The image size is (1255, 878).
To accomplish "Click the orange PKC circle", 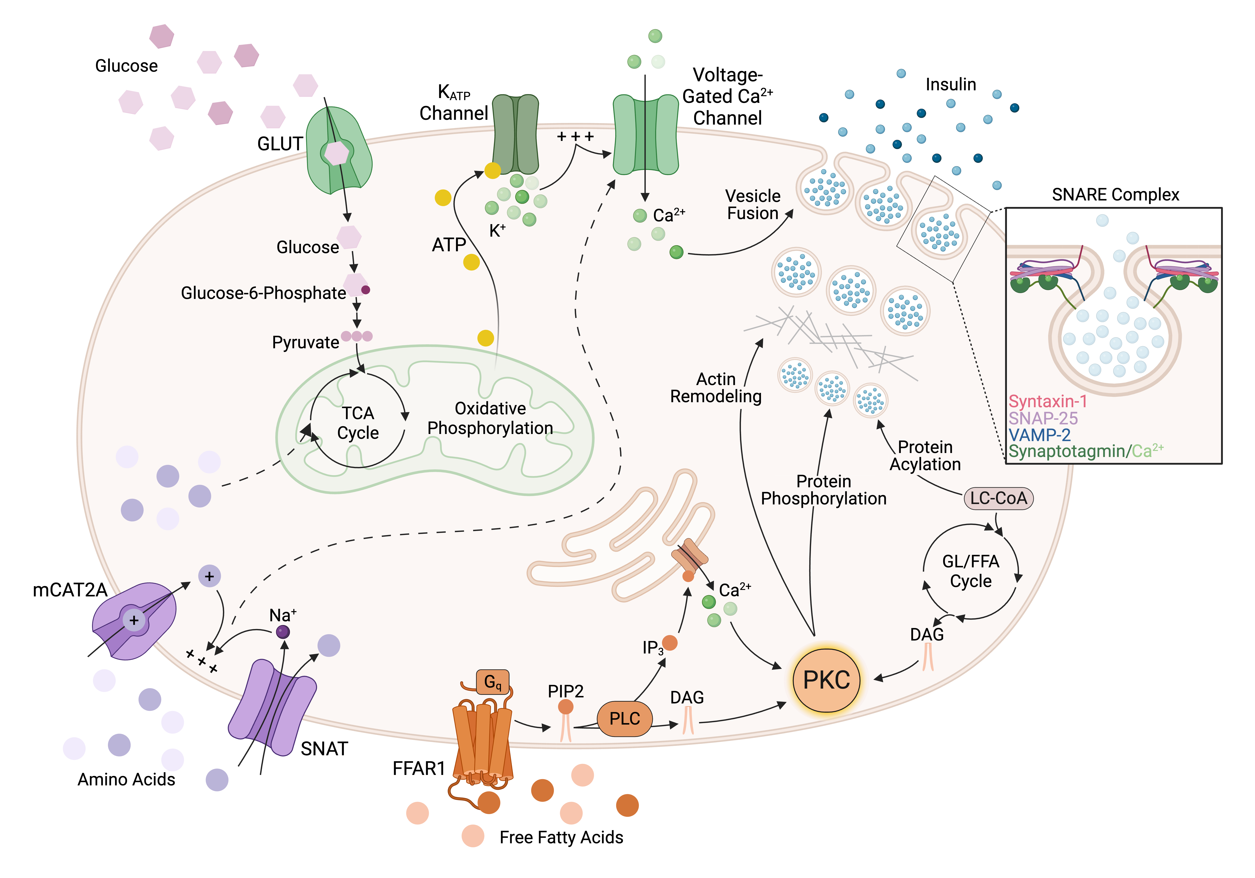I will click(826, 680).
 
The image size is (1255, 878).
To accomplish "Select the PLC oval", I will click(624, 718).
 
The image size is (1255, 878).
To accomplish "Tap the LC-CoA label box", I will click(998, 498).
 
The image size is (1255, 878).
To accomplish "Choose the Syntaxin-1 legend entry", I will click(1047, 402).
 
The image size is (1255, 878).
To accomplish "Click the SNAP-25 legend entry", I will click(1043, 419).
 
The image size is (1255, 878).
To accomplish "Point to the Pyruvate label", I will click(306, 343).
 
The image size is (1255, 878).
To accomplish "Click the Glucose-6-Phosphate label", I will click(264, 293).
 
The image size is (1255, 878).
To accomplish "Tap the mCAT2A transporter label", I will click(70, 590).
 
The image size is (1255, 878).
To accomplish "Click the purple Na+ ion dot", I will click(283, 632).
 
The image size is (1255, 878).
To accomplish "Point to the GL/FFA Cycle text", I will click(970, 571).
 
